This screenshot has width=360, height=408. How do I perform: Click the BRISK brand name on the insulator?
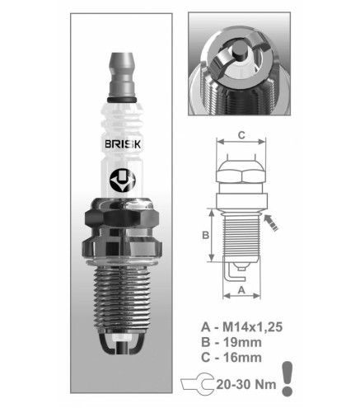[123, 144]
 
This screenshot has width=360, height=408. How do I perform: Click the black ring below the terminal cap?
[121, 100]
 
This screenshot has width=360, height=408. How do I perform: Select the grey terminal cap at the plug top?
[121, 74]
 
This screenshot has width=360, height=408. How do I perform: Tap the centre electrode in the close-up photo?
[239, 52]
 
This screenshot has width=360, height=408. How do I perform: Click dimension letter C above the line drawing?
[241, 135]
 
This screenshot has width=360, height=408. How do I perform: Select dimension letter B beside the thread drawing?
[205, 235]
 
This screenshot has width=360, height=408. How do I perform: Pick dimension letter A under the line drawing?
[241, 290]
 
